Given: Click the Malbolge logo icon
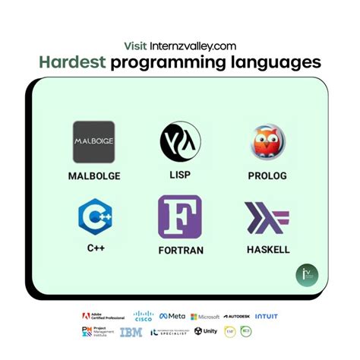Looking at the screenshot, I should pyautogui.click(x=93, y=142).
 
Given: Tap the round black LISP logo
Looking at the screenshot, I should pyautogui.click(x=180, y=142).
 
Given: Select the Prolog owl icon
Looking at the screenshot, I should pyautogui.click(x=267, y=142).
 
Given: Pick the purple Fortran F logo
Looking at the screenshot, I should pyautogui.click(x=180, y=218).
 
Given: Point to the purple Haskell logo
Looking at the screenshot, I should pyautogui.click(x=267, y=218).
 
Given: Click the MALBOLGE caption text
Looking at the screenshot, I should pyautogui.click(x=93, y=176).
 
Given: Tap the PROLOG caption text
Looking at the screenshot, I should pyautogui.click(x=267, y=176).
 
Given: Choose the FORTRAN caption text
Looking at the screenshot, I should pyautogui.click(x=180, y=250).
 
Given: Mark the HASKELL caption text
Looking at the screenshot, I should pyautogui.click(x=268, y=250).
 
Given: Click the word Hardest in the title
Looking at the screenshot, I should pyautogui.click(x=73, y=62).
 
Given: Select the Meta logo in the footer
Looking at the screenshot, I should pyautogui.click(x=172, y=316).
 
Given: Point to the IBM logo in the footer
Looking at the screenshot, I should pyautogui.click(x=131, y=332).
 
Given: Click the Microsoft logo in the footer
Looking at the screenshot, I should pyautogui.click(x=205, y=316).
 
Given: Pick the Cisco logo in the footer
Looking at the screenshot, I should pyautogui.click(x=144, y=315).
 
